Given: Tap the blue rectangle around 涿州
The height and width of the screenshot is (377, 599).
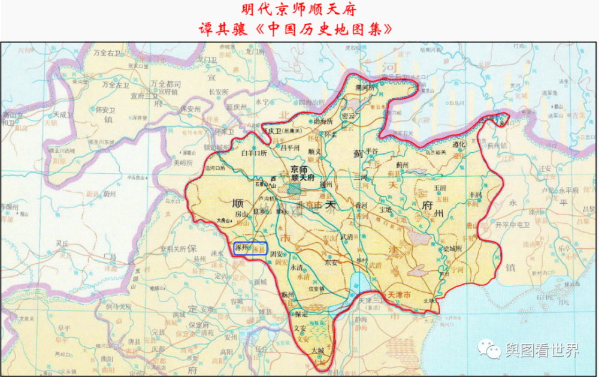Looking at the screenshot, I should point(250,248).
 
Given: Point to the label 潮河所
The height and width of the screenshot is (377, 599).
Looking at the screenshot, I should point(364,87).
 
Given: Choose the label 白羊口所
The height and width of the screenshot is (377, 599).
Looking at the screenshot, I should point(253,153).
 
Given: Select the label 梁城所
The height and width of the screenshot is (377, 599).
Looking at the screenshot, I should point(453,248).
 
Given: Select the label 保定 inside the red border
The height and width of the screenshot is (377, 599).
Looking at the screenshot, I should point(301,313).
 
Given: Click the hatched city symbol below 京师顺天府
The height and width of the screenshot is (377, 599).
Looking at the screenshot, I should point(293,188).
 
